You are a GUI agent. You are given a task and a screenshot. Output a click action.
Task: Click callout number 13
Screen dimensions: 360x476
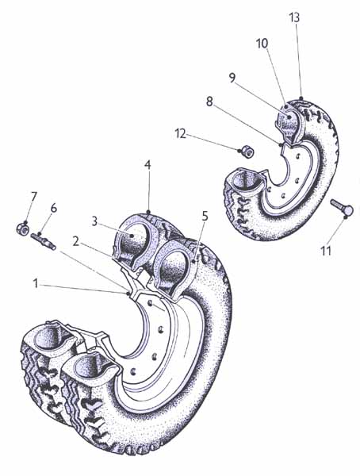[x=294, y=17]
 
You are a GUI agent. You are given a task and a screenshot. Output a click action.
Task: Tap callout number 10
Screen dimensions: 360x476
[x=262, y=44]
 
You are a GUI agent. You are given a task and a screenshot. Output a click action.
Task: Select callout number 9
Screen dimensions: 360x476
[x=232, y=78]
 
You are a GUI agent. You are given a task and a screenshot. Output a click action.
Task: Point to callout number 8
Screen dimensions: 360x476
[x=209, y=102]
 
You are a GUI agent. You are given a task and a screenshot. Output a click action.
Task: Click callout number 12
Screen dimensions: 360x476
[x=181, y=133]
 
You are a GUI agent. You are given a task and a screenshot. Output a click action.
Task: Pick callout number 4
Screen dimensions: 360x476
[x=147, y=165]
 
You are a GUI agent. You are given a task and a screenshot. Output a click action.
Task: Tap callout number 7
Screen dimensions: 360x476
[x=33, y=197]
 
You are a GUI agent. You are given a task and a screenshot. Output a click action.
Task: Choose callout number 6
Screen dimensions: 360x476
[x=53, y=209]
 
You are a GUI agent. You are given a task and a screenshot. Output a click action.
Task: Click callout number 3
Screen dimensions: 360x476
[x=94, y=221]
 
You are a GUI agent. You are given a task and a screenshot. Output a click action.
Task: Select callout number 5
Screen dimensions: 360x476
[x=205, y=217]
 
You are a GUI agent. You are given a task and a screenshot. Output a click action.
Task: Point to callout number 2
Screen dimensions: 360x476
[x=76, y=241]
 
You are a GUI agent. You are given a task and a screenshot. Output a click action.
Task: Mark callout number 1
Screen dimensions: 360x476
[x=36, y=284]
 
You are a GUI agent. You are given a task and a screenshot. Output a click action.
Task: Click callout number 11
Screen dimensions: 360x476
[x=326, y=251]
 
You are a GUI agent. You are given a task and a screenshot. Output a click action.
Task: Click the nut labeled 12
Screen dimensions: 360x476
[x=246, y=152]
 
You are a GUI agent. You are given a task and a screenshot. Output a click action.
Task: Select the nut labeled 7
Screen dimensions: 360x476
[x=22, y=228]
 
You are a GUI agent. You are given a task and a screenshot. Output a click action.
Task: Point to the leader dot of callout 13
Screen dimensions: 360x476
[x=301, y=98]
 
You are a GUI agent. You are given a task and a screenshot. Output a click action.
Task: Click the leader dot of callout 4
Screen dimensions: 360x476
[x=148, y=211]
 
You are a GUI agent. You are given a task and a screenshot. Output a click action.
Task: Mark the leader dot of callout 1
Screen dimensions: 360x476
[x=128, y=294]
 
